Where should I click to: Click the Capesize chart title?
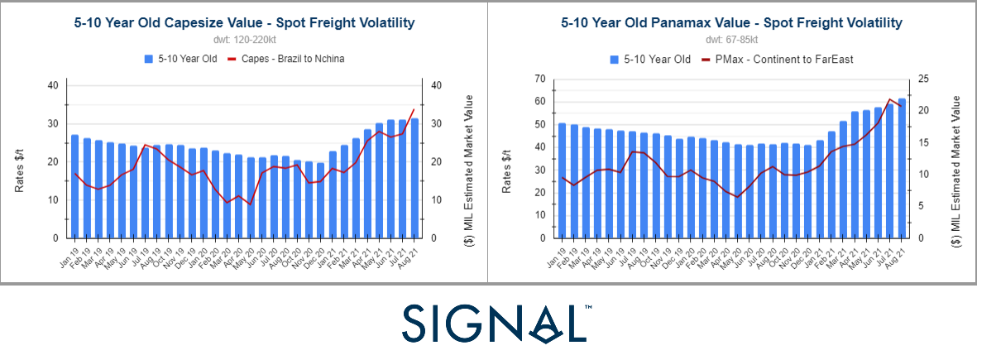point(245,22)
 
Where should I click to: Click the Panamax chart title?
point(731,22)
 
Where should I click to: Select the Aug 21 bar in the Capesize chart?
point(414,178)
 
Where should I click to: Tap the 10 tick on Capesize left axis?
point(53,200)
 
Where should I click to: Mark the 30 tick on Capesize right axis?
point(435,124)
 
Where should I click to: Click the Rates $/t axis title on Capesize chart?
point(20,162)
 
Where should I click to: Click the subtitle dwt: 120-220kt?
point(245,39)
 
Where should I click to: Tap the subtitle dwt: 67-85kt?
point(731,39)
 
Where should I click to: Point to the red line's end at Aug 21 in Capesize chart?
point(414,109)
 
